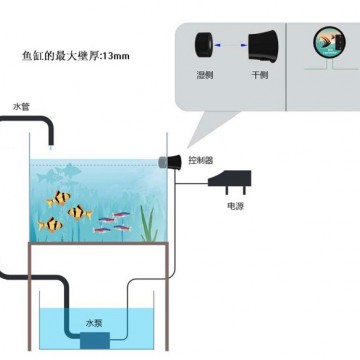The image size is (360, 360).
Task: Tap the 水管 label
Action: coord(21,104)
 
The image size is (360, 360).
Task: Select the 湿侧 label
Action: coord(204,76)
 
